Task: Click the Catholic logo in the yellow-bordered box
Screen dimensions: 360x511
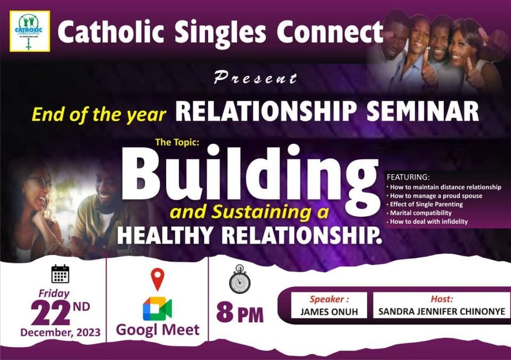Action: (29, 31)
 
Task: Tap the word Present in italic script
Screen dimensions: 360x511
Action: (255, 78)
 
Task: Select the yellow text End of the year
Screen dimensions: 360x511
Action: (99, 114)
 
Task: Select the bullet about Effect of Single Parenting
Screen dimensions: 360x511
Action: (424, 204)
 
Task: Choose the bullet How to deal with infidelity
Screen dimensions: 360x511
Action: (428, 221)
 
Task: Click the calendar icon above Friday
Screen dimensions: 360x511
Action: (60, 274)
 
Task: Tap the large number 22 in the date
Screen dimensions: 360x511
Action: (51, 312)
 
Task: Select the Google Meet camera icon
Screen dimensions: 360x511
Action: (157, 308)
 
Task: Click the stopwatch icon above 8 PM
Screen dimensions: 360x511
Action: (240, 280)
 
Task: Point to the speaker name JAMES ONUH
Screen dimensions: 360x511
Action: (329, 312)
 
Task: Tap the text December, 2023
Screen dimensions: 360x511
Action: (60, 332)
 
